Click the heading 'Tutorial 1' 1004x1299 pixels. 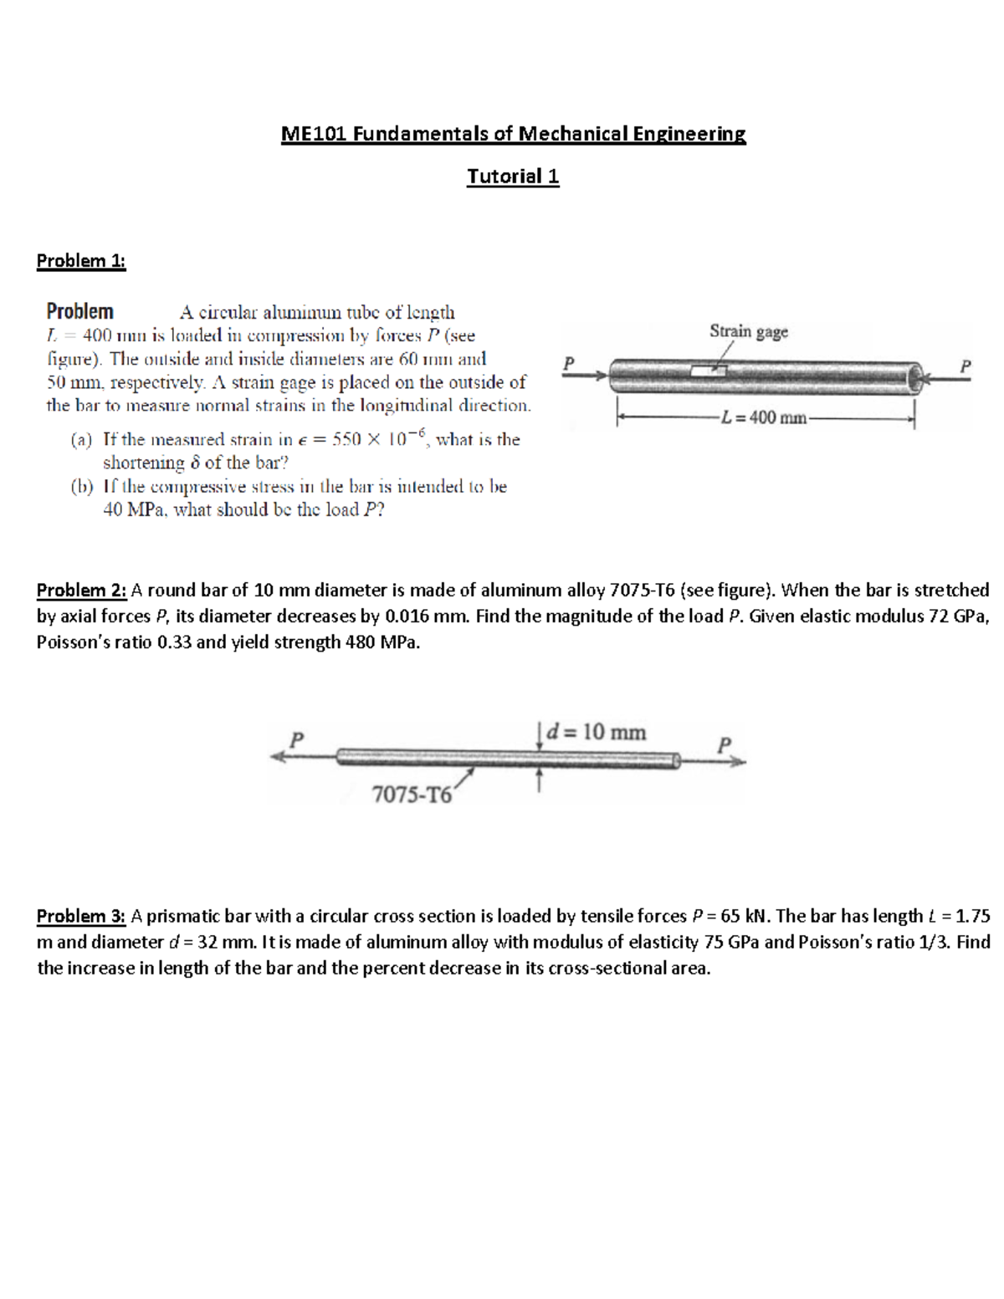[513, 176]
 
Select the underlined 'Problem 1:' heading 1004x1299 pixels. [81, 260]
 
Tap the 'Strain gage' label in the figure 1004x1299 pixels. [749, 331]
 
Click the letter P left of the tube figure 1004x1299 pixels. [569, 363]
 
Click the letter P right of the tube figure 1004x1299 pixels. [966, 366]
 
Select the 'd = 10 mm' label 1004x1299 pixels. [596, 732]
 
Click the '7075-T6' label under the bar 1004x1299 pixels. [411, 795]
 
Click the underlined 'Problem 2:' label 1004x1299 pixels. [81, 591]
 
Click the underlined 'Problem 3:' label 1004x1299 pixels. [81, 916]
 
